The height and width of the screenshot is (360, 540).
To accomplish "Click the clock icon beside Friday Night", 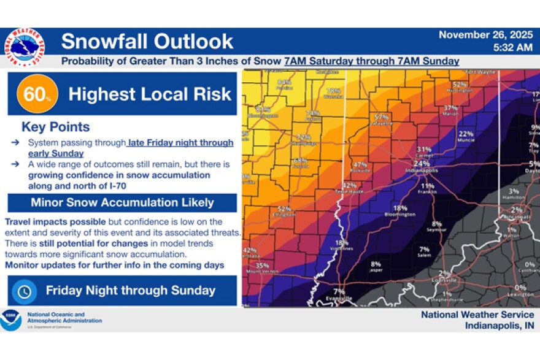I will pos(24,291).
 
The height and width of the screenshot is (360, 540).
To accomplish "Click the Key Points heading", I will pos(55,127).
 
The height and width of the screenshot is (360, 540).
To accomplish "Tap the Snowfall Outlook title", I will pos(147,41).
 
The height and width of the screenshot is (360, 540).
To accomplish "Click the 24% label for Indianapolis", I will pos(421,164).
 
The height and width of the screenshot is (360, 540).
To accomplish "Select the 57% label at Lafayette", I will pos(382,117).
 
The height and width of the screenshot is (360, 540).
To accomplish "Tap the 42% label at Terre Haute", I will pos(349,185).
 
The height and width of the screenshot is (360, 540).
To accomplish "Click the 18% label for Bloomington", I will pos(400,208).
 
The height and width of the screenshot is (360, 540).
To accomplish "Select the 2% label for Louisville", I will pos(444,273).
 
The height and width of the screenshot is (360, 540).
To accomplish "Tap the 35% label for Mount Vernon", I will pos(262,266).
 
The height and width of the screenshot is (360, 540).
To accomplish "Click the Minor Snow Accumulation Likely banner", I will pos(122,202).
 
